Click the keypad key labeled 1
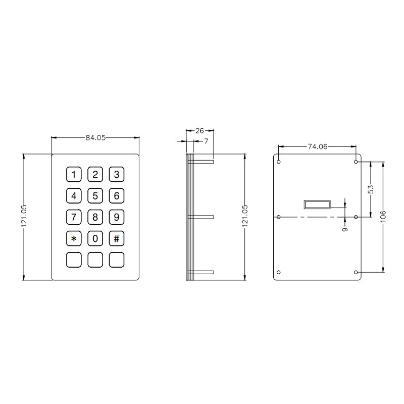point(74,174)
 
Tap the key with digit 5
point(95,196)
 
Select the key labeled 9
point(117,217)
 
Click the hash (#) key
point(117,238)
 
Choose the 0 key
point(95,238)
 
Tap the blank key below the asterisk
point(74,260)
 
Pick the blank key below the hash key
point(117,260)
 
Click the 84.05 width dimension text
point(95,137)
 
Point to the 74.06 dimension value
point(318,146)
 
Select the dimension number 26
point(199,131)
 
